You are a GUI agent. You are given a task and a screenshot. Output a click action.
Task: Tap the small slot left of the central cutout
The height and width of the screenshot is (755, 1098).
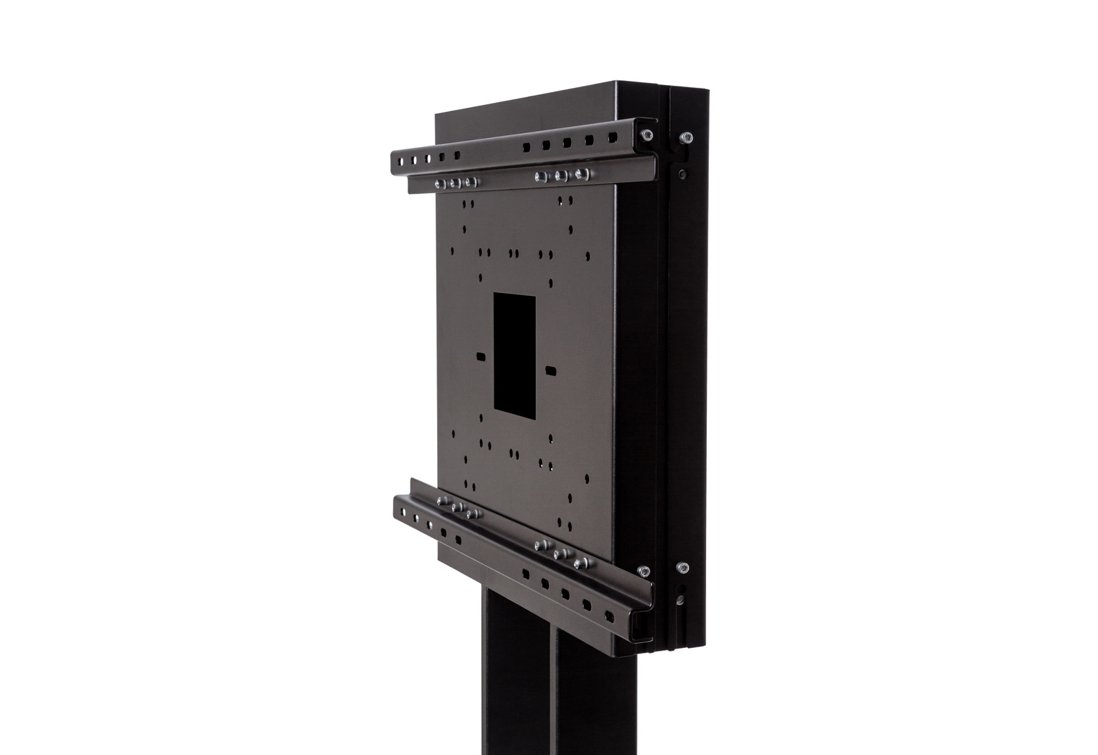tap(480, 357)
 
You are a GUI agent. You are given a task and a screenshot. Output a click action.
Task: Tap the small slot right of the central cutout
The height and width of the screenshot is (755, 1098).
tap(550, 370)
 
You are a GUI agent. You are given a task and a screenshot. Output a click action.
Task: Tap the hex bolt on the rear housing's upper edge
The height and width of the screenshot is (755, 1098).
tap(684, 138)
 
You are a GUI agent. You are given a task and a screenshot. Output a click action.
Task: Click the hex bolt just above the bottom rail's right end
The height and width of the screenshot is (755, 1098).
tap(644, 571)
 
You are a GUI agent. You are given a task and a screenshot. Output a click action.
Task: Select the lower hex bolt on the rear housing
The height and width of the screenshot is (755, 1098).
tap(681, 568)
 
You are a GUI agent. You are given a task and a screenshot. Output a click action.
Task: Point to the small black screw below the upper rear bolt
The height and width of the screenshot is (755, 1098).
tap(682, 174)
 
